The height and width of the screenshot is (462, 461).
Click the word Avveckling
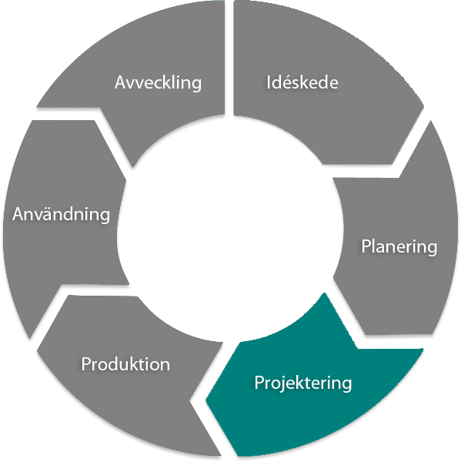click(158, 82)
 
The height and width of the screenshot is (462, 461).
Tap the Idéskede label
click(302, 82)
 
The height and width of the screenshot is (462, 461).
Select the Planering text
click(399, 247)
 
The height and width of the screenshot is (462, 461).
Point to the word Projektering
click(303, 383)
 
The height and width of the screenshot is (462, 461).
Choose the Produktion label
click(125, 364)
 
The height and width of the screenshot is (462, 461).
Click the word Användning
click(62, 214)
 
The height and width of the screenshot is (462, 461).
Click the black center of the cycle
click(227, 231)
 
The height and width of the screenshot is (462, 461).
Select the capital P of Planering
click(366, 247)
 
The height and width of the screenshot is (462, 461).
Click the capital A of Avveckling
click(121, 82)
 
